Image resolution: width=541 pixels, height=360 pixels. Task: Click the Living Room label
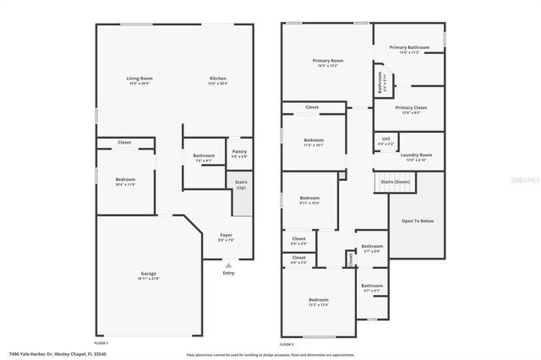140,79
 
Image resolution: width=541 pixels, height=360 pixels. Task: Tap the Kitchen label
218,79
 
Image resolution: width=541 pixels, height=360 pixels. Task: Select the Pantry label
239,152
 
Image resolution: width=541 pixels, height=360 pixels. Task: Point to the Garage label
149,274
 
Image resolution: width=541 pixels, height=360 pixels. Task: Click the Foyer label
226,235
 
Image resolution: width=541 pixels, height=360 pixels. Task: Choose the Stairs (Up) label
239,183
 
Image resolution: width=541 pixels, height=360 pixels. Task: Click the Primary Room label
327,61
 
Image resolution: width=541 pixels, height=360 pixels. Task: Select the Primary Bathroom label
409,47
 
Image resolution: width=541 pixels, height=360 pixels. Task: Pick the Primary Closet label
410,108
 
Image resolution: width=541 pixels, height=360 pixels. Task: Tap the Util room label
385,139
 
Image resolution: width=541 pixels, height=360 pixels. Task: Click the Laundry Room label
417,155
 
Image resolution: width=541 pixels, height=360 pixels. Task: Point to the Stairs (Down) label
395,182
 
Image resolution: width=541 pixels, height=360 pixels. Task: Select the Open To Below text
418,221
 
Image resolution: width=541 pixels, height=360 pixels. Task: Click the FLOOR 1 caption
101,344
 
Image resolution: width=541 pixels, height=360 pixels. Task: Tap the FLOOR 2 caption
286,344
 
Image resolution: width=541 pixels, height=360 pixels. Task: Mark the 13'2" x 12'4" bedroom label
318,300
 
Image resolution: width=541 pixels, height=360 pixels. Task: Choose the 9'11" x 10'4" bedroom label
309,200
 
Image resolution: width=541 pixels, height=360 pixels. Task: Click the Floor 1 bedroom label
125,179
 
